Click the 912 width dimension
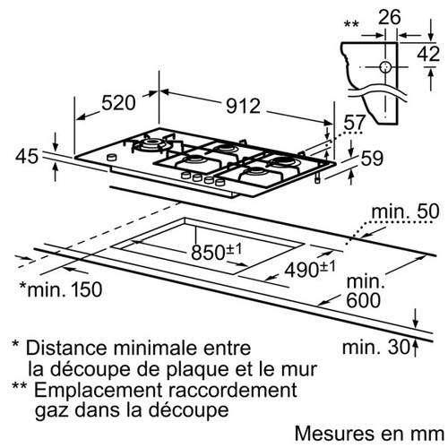243,106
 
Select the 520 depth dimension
118,103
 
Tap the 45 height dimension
27,157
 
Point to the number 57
355,123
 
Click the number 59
372,158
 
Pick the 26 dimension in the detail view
389,17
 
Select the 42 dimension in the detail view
428,54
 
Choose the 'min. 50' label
405,211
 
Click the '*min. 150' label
61,289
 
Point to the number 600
364,300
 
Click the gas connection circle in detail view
385,67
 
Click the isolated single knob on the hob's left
111,157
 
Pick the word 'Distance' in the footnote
66,348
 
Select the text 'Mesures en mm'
369,434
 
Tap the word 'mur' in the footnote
301,371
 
